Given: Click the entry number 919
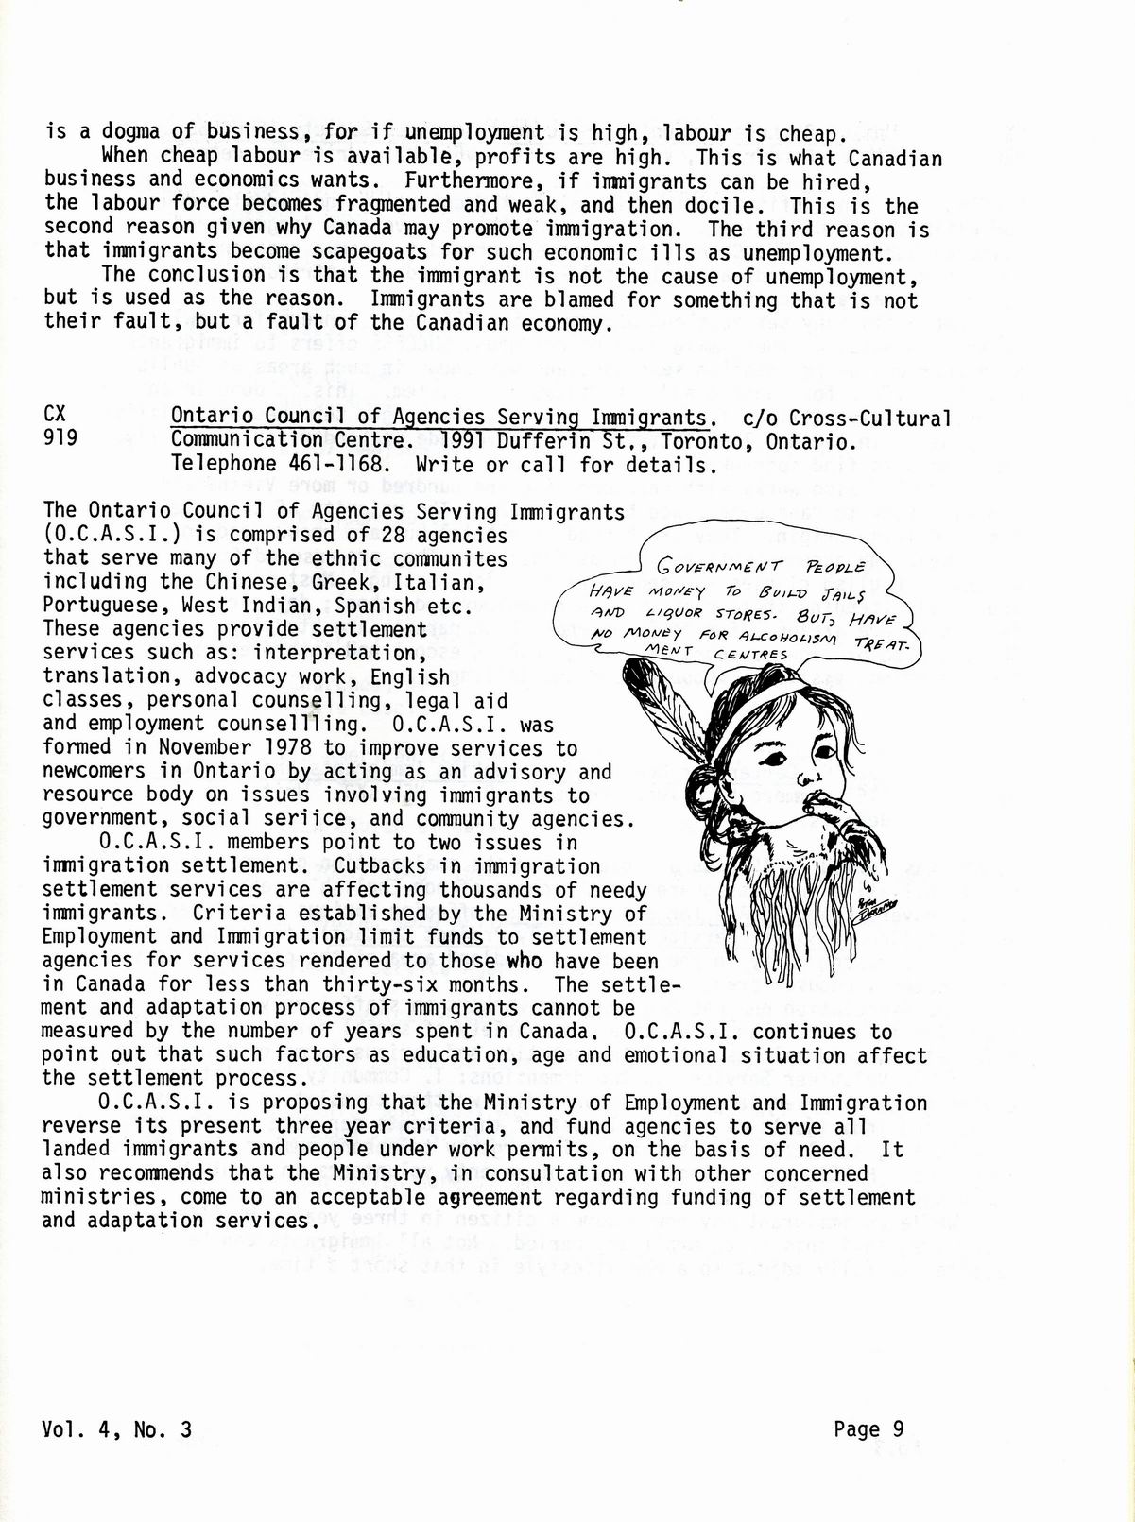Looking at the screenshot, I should click(61, 440).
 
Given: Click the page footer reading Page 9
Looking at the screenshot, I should click(868, 1430).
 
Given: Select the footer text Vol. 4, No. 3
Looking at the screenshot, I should click(118, 1430).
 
